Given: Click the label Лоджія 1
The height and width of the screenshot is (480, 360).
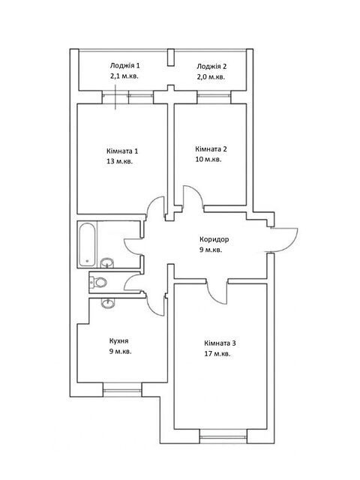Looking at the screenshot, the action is [x=125, y=65].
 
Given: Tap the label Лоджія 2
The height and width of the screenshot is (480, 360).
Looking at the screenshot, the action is [x=211, y=67].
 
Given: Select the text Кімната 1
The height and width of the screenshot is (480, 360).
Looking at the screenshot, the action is [x=122, y=151].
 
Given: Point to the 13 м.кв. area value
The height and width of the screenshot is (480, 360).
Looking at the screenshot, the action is [x=119, y=161].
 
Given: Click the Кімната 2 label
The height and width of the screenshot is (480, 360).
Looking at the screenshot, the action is [x=211, y=149].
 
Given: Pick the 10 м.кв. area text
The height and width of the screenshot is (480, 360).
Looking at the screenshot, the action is [x=208, y=160].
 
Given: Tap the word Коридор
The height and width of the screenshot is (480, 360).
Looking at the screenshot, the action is [x=214, y=239].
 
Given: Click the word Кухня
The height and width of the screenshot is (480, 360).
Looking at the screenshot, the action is [x=118, y=340].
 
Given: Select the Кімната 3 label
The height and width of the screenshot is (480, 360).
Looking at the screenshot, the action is [x=220, y=343].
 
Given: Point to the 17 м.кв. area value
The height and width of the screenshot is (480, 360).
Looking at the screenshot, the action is [x=217, y=354].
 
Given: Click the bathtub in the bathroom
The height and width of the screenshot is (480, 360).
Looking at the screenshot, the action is [x=87, y=244].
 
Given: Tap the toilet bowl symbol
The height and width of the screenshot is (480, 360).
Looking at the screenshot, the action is [x=98, y=282].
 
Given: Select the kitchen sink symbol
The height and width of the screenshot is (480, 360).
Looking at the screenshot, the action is [x=107, y=303].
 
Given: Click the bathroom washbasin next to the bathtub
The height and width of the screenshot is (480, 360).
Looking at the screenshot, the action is [x=106, y=262].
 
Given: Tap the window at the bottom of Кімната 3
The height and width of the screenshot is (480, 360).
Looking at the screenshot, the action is [x=223, y=436].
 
